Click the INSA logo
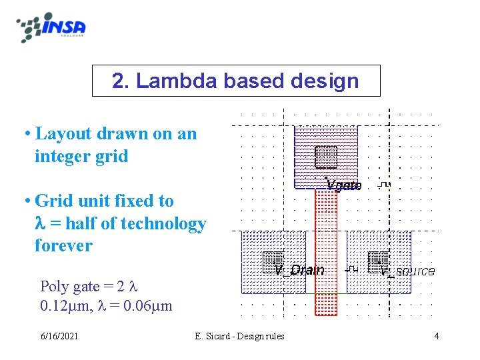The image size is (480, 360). point(52,27)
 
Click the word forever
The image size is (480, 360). point(63,245)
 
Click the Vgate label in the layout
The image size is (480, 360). point(343,185)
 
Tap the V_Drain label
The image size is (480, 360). point(299,270)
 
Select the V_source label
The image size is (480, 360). point(407,271)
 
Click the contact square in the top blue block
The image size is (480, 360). point(326,157)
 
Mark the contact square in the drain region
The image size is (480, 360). point(273,261)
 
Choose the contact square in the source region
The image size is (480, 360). point(378,261)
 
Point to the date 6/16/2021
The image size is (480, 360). point(59,336)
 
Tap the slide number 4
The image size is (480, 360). point(436,336)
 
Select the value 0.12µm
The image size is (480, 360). point(59,307)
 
